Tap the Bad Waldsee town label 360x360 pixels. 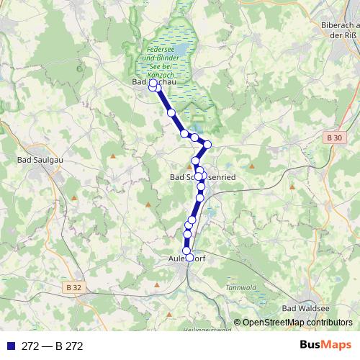(304, 308)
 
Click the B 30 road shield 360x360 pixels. (333, 137)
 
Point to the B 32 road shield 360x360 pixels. (73, 287)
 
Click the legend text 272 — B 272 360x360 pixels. (53, 346)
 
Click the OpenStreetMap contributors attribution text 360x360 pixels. (297, 323)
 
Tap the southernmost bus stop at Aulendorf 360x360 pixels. (190, 257)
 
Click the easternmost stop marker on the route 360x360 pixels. (207, 145)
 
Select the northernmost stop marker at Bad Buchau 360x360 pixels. (153, 84)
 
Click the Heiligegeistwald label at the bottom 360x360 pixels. (207, 330)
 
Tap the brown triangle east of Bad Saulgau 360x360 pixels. (113, 155)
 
